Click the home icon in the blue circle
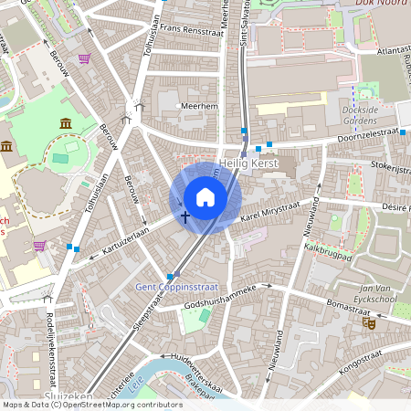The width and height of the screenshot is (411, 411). pyautogui.click(x=205, y=196)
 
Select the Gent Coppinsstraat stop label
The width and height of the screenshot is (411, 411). pyautogui.click(x=174, y=287)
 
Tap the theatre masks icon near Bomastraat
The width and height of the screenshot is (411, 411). pyautogui.click(x=370, y=321)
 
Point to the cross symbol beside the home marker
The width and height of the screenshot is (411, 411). pyautogui.click(x=185, y=217)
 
